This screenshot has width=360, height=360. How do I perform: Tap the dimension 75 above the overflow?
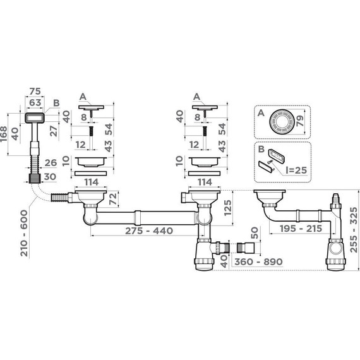tap(35, 91)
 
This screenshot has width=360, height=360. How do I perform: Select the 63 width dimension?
tap(35, 102)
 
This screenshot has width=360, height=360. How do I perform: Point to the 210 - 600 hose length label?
tap(24, 233)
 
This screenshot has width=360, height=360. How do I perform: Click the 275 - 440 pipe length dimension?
tap(149, 231)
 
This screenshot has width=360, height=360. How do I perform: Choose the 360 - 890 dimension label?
tap(258, 261)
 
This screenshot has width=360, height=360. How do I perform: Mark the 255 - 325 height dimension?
tap(354, 230)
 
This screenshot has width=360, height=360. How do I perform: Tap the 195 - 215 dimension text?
tap(301, 229)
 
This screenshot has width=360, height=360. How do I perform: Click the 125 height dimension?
tap(228, 208)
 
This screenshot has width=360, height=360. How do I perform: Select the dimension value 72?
tap(113, 200)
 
